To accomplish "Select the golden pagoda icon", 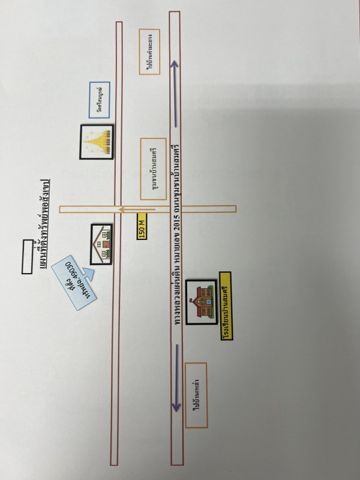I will pos(97,142).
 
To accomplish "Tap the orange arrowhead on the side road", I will pos(121,209).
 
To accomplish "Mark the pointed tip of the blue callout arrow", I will pos(91,271).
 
